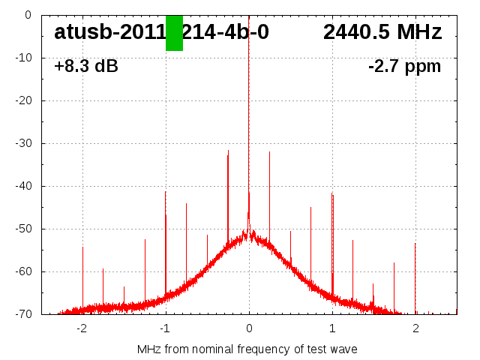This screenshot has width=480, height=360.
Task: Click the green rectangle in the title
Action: click(x=174, y=33)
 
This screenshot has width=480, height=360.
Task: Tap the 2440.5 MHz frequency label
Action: click(x=382, y=32)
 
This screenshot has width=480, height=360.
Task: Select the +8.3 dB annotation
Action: click(x=86, y=67)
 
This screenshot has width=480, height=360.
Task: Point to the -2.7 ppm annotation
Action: click(x=404, y=67)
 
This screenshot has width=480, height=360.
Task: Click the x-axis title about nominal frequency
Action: click(x=247, y=349)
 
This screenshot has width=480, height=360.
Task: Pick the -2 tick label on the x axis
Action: click(x=82, y=328)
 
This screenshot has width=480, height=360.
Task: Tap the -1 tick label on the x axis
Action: click(x=165, y=328)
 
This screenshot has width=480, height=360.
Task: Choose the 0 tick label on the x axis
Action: click(x=249, y=328)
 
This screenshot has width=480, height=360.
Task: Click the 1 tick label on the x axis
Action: click(x=332, y=328)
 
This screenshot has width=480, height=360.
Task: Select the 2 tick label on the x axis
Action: click(x=415, y=328)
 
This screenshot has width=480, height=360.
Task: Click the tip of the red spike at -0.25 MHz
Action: click(x=228, y=150)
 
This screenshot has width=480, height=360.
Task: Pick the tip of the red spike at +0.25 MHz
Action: click(x=269, y=151)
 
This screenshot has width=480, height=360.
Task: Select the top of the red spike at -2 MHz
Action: click(x=82, y=247)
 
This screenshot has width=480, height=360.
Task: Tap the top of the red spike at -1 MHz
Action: click(x=166, y=191)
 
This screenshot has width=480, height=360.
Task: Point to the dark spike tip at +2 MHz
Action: click(x=415, y=243)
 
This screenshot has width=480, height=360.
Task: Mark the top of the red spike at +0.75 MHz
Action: click(x=311, y=207)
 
